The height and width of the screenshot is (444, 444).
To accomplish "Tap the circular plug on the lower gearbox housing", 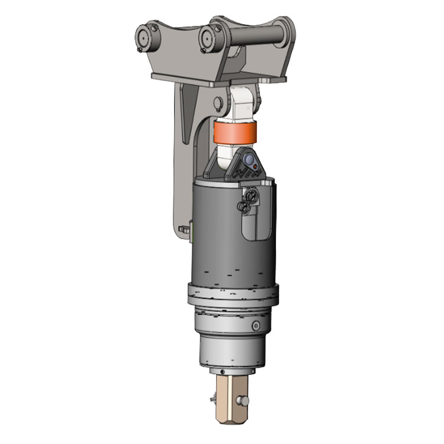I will coord(255,326).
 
